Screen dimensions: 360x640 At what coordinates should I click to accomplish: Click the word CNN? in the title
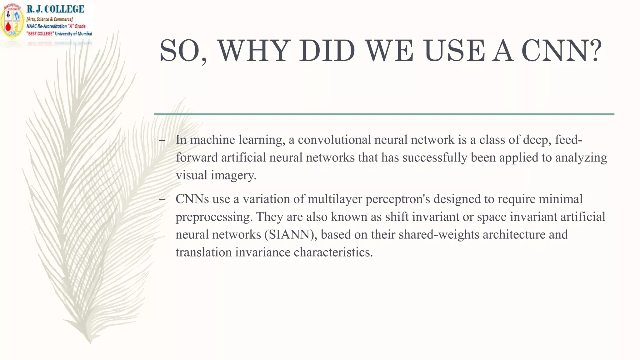point(561,51)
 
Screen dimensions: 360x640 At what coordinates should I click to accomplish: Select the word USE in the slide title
point(455,51)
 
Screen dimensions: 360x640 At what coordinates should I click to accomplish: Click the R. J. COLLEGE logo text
point(55,9)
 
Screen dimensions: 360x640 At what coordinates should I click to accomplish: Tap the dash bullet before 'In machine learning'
point(162,141)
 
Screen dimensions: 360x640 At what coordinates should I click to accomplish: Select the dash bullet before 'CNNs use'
point(162,200)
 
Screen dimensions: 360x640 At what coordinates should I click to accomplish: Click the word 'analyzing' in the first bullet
point(581,157)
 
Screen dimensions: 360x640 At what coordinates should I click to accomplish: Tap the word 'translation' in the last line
point(203,252)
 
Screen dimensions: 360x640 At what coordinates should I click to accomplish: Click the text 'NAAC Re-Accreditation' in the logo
point(47,27)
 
